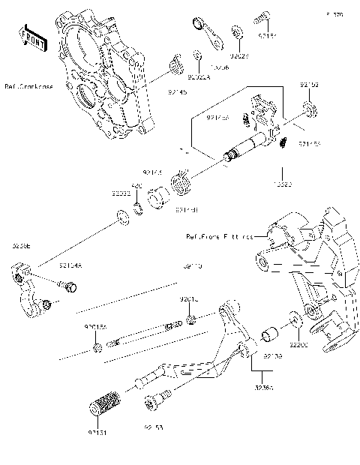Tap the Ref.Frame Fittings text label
[218, 236]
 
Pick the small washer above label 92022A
[196, 57]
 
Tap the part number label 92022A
[199, 76]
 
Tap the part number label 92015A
[95, 328]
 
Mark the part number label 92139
[272, 358]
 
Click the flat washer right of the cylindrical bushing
[295, 318]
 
